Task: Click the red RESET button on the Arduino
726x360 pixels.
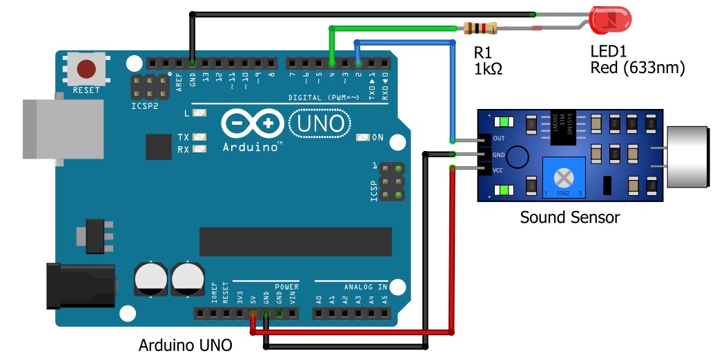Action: (x=86, y=69)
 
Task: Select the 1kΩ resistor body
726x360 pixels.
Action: (x=480, y=28)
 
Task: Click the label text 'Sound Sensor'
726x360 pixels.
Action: (x=569, y=218)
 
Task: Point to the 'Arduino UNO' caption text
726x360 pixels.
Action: (x=185, y=345)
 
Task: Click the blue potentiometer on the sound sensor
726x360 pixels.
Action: (x=564, y=177)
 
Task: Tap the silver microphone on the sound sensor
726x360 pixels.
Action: (x=694, y=157)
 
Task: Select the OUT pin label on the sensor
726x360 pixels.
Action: (x=498, y=137)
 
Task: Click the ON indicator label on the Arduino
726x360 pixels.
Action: (x=377, y=137)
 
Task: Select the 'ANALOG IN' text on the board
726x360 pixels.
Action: (x=366, y=286)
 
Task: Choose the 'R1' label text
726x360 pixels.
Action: (x=482, y=52)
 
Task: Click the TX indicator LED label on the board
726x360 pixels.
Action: (x=184, y=137)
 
